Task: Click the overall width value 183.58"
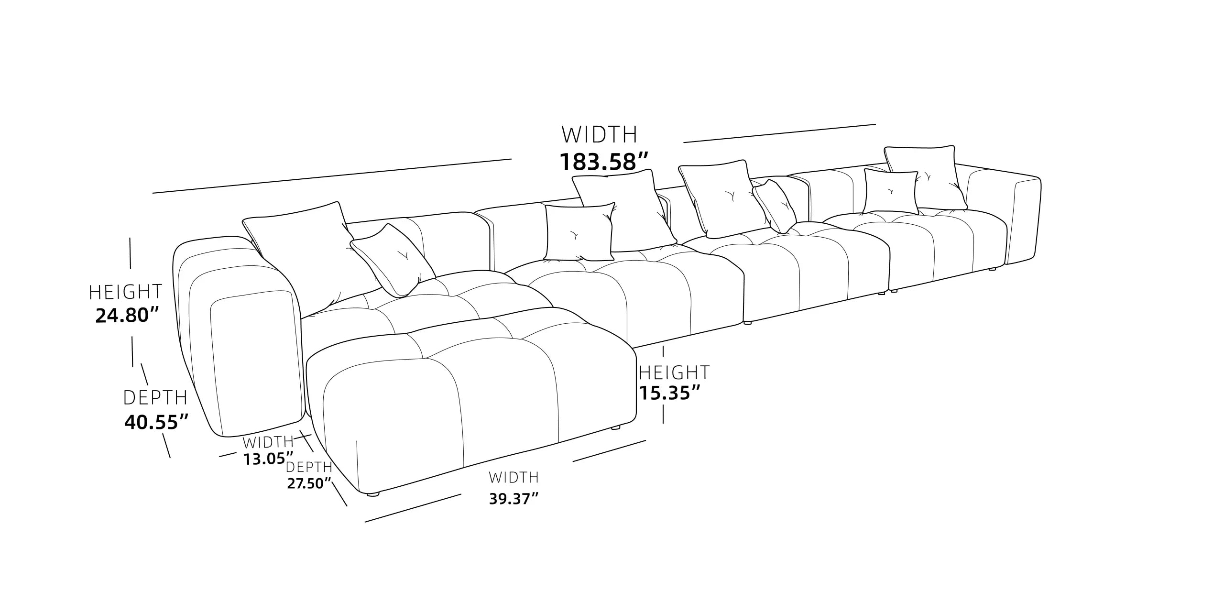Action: [x=604, y=162]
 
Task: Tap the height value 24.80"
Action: [x=127, y=315]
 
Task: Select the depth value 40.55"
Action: [x=156, y=422]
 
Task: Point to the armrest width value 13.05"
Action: [x=268, y=459]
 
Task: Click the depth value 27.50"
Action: [x=309, y=483]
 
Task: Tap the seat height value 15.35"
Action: [x=670, y=393]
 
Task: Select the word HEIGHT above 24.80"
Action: [x=126, y=292]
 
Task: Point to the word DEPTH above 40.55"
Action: [x=155, y=398]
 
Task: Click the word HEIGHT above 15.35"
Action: [x=674, y=372]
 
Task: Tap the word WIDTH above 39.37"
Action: [x=514, y=477]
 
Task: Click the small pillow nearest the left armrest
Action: [x=393, y=261]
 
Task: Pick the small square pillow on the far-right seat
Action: [x=891, y=192]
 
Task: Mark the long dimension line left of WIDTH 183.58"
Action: [x=332, y=175]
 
